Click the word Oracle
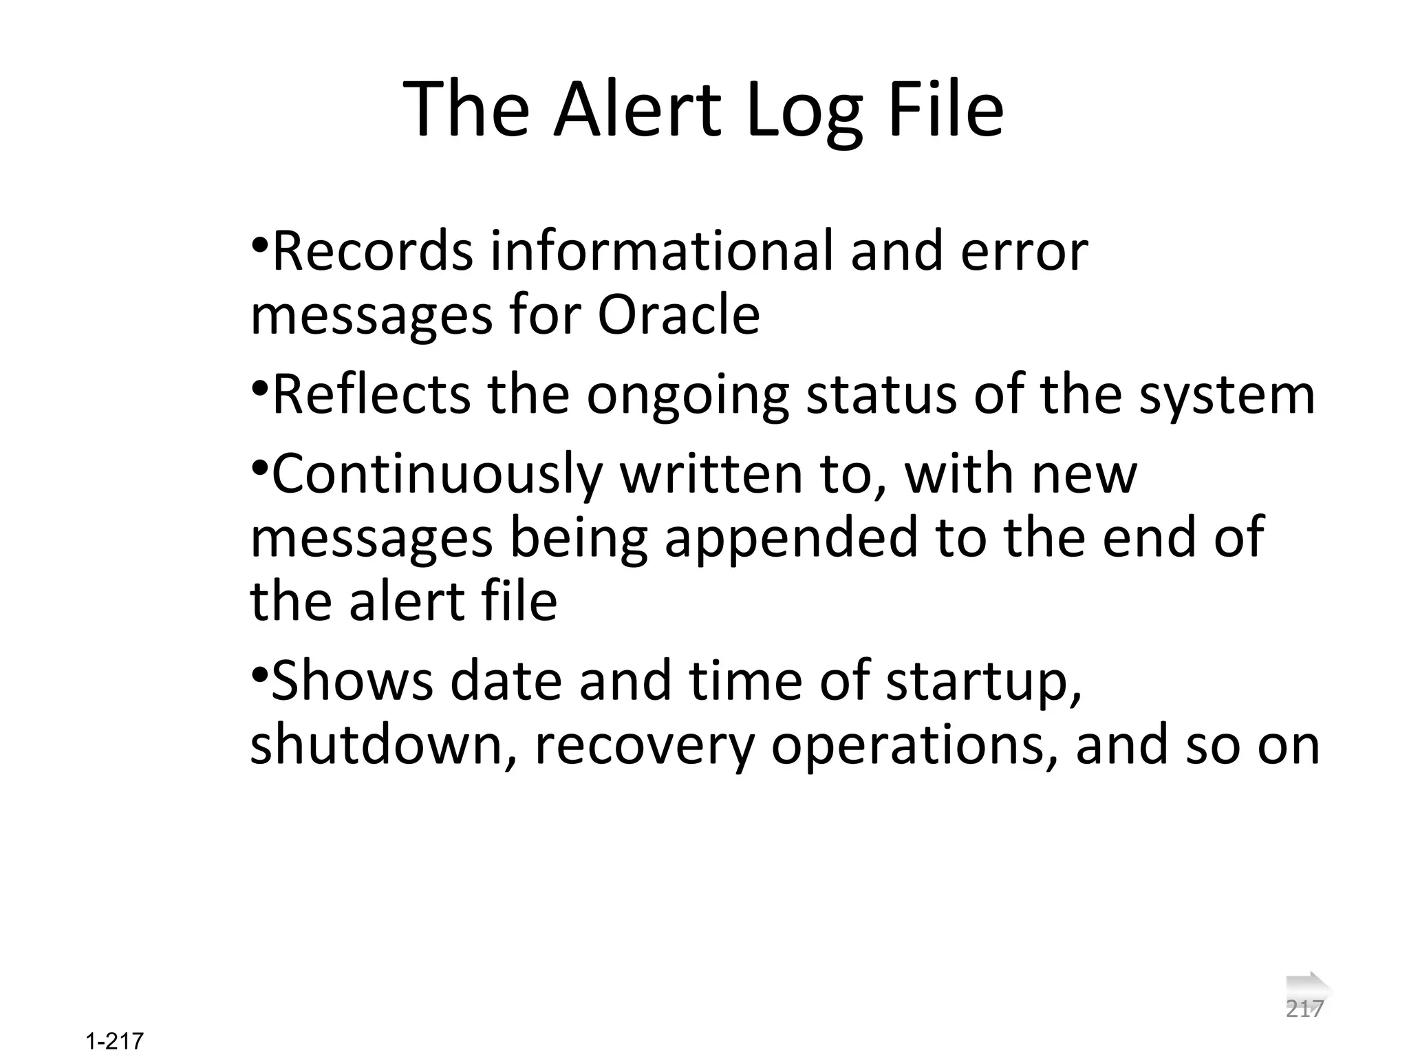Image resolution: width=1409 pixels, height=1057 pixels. coord(678,315)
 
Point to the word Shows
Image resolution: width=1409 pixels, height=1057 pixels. coord(352,680)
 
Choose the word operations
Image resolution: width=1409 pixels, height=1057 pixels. coord(915,746)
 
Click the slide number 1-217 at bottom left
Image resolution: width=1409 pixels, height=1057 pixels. coord(115,1041)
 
